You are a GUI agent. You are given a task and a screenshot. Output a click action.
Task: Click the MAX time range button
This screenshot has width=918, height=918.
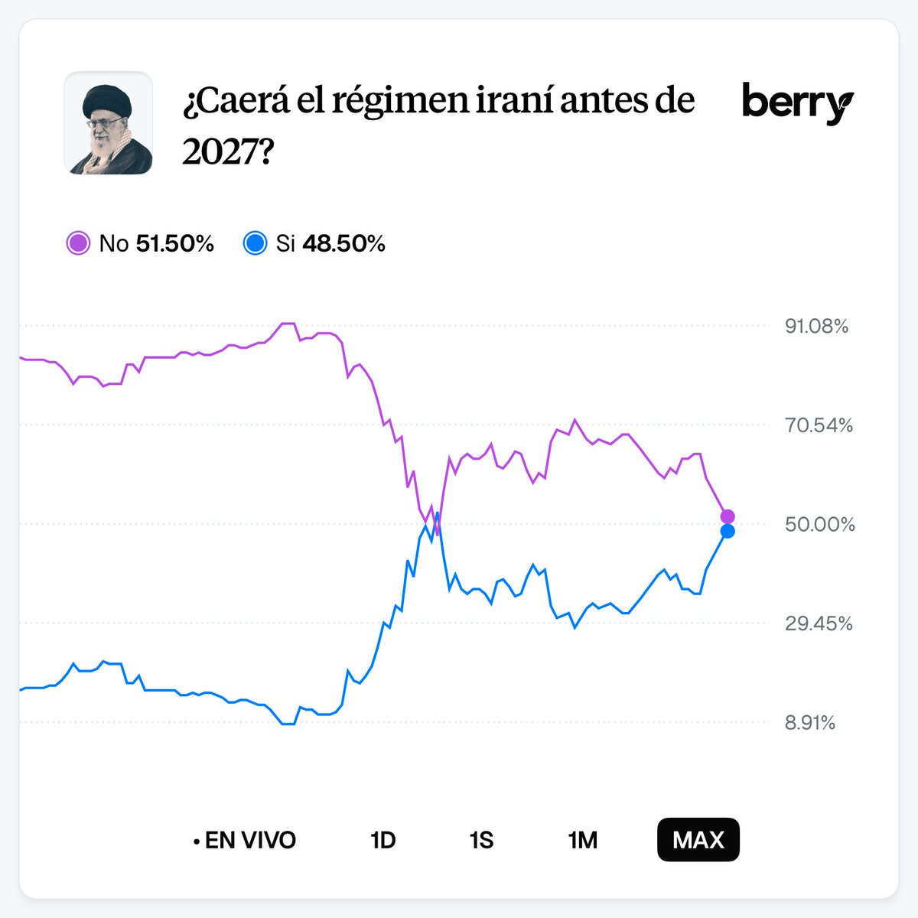click(x=698, y=840)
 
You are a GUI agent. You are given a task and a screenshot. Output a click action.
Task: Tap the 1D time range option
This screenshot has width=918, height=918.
click(x=382, y=840)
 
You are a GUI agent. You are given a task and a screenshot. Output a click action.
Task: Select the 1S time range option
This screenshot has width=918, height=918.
click(x=481, y=840)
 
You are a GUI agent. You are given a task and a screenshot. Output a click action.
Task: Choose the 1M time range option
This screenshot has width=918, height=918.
click(x=582, y=840)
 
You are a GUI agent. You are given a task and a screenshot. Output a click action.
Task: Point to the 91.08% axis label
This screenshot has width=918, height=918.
click(x=816, y=327)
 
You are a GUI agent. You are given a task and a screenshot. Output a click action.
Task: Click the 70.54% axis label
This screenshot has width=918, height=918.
click(x=819, y=425)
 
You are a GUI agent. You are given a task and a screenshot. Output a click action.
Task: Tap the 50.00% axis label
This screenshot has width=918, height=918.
click(x=819, y=525)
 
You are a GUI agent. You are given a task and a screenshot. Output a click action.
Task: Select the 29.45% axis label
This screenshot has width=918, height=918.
click(x=819, y=623)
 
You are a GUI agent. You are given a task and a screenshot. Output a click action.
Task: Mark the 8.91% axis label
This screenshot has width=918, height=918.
click(x=809, y=723)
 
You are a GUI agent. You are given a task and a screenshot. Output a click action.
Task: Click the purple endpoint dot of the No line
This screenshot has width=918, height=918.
click(x=728, y=516)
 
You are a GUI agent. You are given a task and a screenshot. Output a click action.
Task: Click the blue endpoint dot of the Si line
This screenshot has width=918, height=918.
click(x=728, y=531)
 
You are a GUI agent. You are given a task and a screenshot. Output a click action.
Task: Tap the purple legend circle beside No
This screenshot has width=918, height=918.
click(x=78, y=244)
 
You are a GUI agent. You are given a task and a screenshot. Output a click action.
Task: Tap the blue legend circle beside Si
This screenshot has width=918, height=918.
click(x=255, y=244)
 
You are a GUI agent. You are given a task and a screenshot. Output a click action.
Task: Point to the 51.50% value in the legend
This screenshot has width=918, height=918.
click(x=174, y=244)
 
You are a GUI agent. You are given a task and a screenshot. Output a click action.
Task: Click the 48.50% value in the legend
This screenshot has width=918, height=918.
click(x=343, y=244)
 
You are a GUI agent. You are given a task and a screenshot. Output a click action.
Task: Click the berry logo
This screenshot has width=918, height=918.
click(x=797, y=103)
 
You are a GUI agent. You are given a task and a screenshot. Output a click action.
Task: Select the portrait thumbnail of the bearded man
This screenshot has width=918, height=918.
click(x=108, y=123)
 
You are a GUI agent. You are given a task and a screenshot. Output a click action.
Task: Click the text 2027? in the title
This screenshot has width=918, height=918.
click(x=227, y=153)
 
